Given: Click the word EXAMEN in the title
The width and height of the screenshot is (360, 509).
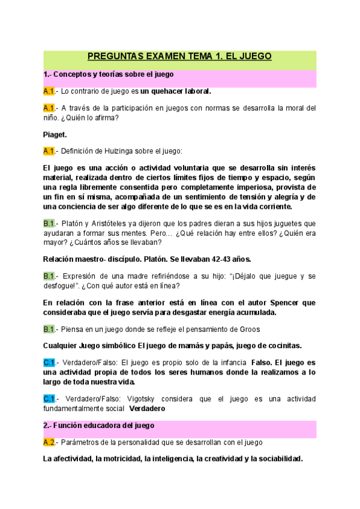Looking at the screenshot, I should [x=166, y=57].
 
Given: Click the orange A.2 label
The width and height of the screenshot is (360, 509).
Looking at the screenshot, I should [x=49, y=442].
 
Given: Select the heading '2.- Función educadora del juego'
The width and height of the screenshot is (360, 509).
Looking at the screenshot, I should [x=99, y=426].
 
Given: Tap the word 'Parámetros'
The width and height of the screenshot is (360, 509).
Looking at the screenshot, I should [x=83, y=442].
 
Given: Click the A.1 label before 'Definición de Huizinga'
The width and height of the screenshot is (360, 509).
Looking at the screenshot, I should [x=49, y=151].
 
